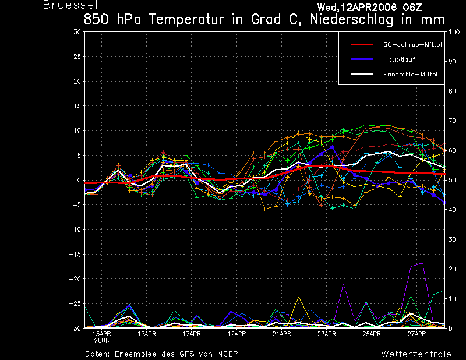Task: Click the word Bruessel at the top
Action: pyautogui.click(x=70, y=5)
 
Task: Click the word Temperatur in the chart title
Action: pyautogui.click(x=186, y=20)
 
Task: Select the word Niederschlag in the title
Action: pyautogui.click(x=351, y=20)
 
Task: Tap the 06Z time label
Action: pyautogui.click(x=412, y=8)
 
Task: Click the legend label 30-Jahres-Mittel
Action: pyautogui.click(x=412, y=45)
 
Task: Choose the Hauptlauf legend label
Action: pyautogui.click(x=399, y=59)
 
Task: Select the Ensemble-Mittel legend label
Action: pyautogui.click(x=410, y=75)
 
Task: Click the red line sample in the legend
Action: pyautogui.click(x=362, y=45)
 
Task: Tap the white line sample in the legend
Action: pyautogui.click(x=362, y=75)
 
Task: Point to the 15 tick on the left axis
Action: pyautogui.click(x=77, y=106)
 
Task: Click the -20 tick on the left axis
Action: pyautogui.click(x=75, y=279)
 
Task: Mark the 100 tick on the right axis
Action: pyautogui.click(x=454, y=32)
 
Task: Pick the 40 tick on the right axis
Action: pyautogui.click(x=452, y=210)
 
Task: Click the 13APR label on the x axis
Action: pyautogui.click(x=101, y=334)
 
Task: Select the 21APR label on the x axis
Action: pyautogui.click(x=281, y=334)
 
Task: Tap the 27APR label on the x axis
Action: pyautogui.click(x=416, y=334)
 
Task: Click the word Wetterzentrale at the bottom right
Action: pyautogui.click(x=416, y=354)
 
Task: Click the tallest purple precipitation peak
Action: pyautogui.click(x=422, y=263)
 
